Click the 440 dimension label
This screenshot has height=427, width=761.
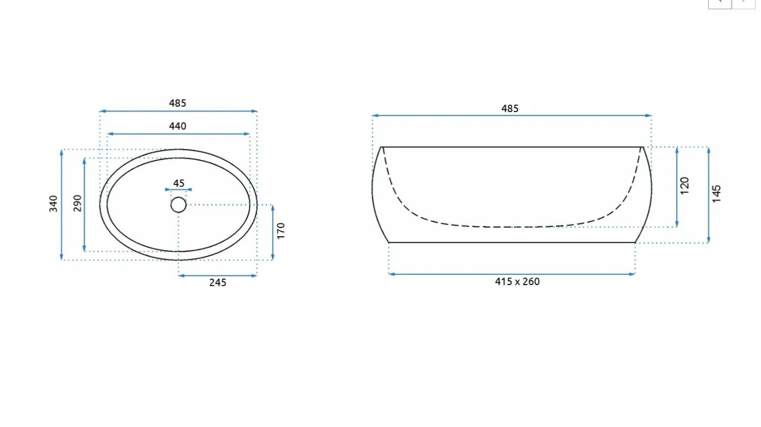click(x=177, y=126)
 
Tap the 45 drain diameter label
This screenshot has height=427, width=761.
click(x=179, y=183)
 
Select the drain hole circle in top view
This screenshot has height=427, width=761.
click(x=179, y=205)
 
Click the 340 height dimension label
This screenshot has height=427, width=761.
click(x=53, y=203)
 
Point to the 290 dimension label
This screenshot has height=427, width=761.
click(x=77, y=203)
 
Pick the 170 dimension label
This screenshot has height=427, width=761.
click(x=281, y=231)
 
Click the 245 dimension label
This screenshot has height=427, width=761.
click(x=218, y=283)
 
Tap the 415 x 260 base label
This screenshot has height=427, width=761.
click(x=517, y=282)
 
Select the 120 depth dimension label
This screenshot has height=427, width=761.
click(x=685, y=185)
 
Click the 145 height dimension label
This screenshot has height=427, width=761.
click(x=716, y=194)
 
